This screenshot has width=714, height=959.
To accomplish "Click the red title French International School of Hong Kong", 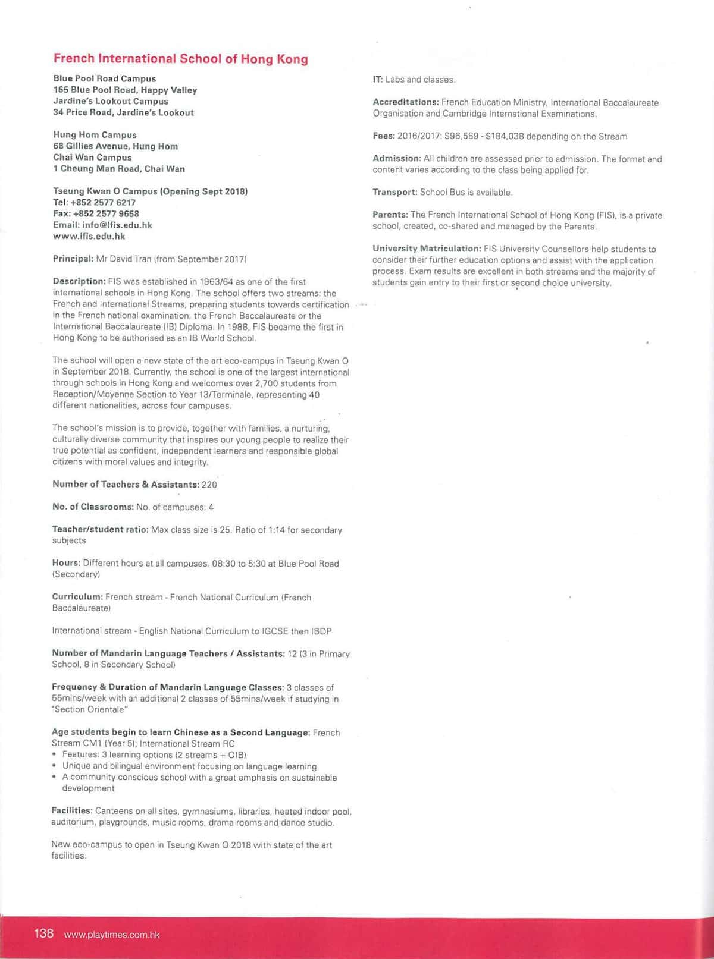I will pyautogui.click(x=181, y=59).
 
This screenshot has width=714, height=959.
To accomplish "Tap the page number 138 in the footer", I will pyautogui.click(x=44, y=933).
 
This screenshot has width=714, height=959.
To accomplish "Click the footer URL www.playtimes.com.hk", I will pyautogui.click(x=112, y=935).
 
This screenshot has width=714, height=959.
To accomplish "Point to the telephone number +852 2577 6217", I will pyautogui.click(x=103, y=203).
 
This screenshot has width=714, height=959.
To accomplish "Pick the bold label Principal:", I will pyautogui.click(x=73, y=259).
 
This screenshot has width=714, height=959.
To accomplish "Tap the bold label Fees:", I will pyautogui.click(x=384, y=136).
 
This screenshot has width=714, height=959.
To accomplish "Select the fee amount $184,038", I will pyautogui.click(x=506, y=136).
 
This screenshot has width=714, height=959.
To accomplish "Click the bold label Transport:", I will pyautogui.click(x=395, y=193).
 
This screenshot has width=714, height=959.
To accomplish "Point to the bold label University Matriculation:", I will pyautogui.click(x=427, y=249).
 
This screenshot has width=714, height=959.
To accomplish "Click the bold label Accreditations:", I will pyautogui.click(x=406, y=102).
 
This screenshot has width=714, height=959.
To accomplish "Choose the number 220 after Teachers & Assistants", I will pyautogui.click(x=209, y=485).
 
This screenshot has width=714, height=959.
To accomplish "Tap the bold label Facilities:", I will pyautogui.click(x=72, y=811).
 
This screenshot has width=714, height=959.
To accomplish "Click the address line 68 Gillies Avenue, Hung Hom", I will pyautogui.click(x=115, y=146).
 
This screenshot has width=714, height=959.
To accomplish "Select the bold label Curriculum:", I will pyautogui.click(x=77, y=597).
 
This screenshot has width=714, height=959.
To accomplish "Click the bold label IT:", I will pyautogui.click(x=377, y=80).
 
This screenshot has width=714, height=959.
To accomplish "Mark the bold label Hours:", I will pyautogui.click(x=66, y=563).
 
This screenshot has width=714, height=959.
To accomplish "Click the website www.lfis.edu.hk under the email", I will pyautogui.click(x=89, y=237).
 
